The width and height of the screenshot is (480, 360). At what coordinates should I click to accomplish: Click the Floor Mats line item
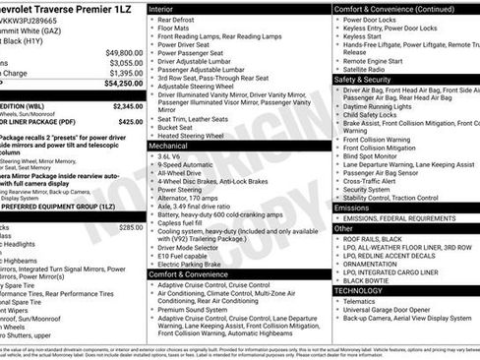(177, 29)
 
